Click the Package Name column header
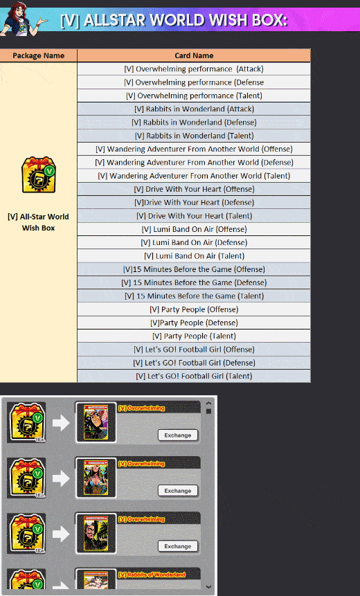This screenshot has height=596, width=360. [x=38, y=55]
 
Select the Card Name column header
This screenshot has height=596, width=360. [x=194, y=55]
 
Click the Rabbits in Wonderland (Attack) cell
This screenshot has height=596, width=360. [x=194, y=109]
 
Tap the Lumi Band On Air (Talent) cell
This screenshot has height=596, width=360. [x=194, y=256]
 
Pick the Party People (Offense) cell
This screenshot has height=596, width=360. [x=194, y=309]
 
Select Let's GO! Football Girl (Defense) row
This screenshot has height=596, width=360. [x=194, y=363]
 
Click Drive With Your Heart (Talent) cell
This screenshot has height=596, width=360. [x=194, y=216]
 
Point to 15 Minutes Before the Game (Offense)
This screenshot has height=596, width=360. [x=194, y=269]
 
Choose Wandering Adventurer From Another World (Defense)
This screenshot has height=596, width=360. [x=194, y=162]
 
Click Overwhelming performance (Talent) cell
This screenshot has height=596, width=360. [x=194, y=96]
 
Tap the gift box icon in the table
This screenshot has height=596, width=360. [x=38, y=174]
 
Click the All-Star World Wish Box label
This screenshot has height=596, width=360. [x=38, y=222]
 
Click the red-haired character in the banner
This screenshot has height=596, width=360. [x=23, y=18]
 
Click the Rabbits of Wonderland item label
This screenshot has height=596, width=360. [x=152, y=575]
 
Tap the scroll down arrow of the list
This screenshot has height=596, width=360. [x=208, y=587]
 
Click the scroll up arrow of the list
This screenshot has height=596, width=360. [x=208, y=404]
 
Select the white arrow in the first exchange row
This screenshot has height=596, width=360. [x=61, y=423]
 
